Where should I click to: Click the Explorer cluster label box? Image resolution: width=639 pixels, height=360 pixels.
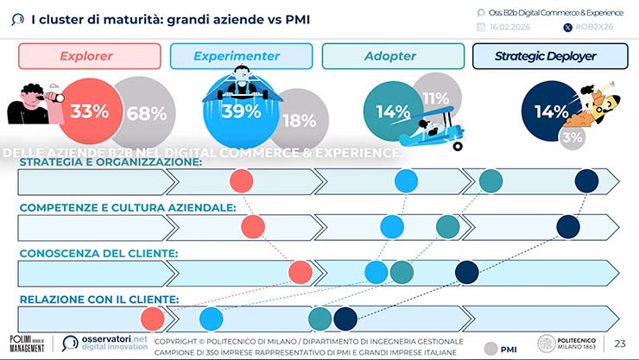click(90, 56)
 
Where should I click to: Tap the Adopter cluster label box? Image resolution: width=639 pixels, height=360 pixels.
click(390, 56)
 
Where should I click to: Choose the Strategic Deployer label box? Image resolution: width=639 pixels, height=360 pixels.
click(549, 56)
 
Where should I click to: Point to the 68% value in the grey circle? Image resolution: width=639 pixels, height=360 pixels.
click(145, 113)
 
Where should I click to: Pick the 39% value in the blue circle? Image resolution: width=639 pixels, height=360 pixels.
click(241, 111)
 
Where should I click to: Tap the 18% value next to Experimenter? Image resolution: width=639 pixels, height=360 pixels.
click(299, 121)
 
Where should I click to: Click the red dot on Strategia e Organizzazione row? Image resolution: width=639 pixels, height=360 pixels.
click(242, 180)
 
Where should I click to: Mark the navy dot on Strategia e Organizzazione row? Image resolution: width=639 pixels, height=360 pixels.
click(586, 180)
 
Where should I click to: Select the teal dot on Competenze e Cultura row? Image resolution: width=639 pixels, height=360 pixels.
click(447, 226)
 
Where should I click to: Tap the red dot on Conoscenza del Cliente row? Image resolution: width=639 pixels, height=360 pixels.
click(300, 273)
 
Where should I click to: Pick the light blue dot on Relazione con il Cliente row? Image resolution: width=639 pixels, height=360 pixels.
click(211, 319)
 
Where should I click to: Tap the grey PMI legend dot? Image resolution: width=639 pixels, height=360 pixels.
click(491, 348)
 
